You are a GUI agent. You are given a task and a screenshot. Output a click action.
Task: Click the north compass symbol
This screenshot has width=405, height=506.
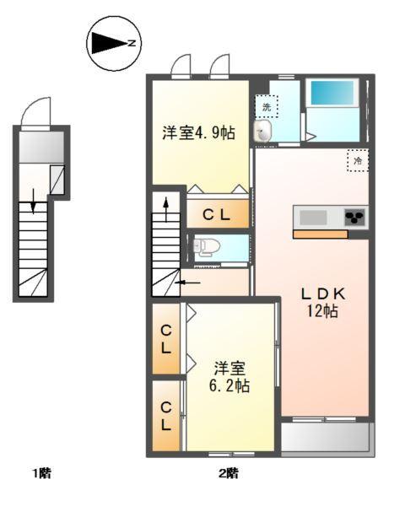(115, 43)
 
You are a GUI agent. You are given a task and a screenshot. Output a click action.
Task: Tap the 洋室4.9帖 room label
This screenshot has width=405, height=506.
(198, 132)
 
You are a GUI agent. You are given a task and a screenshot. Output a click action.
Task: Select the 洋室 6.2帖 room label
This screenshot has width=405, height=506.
(229, 376)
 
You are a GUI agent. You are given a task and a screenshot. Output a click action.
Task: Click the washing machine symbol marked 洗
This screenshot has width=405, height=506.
(267, 106)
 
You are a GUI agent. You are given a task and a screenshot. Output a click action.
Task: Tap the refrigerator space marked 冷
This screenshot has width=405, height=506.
(357, 159)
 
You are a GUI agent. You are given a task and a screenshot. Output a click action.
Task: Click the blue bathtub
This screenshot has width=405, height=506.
(332, 93)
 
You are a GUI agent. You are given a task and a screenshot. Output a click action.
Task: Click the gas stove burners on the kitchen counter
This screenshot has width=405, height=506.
(355, 218)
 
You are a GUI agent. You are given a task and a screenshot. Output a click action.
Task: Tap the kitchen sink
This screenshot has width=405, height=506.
(312, 218)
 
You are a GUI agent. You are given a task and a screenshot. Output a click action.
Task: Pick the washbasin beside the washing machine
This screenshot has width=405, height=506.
(264, 131)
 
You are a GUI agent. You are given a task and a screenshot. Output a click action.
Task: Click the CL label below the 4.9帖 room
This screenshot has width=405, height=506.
(216, 214)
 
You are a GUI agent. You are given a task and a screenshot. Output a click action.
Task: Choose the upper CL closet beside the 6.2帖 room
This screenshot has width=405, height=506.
(167, 338)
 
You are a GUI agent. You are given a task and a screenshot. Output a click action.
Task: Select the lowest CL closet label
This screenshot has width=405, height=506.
(167, 416)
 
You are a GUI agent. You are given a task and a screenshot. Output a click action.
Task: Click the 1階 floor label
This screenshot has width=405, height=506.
(42, 473)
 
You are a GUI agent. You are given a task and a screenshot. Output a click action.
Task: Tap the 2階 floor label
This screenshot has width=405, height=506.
(228, 473)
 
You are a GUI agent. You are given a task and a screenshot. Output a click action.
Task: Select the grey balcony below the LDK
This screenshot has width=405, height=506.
(325, 437)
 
